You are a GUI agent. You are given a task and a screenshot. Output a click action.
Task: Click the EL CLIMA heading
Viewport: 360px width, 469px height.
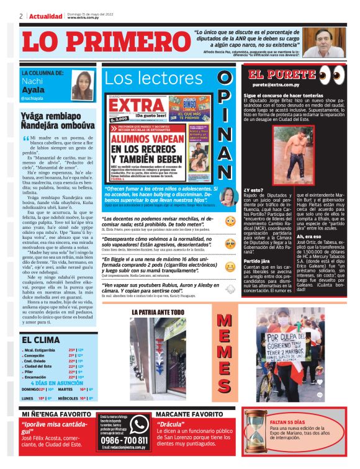pos(41,340)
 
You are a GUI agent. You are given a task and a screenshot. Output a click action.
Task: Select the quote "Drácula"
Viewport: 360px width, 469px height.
pos(176,424)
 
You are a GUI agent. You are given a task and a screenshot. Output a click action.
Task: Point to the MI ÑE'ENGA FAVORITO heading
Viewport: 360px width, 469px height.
pos(57,413)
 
